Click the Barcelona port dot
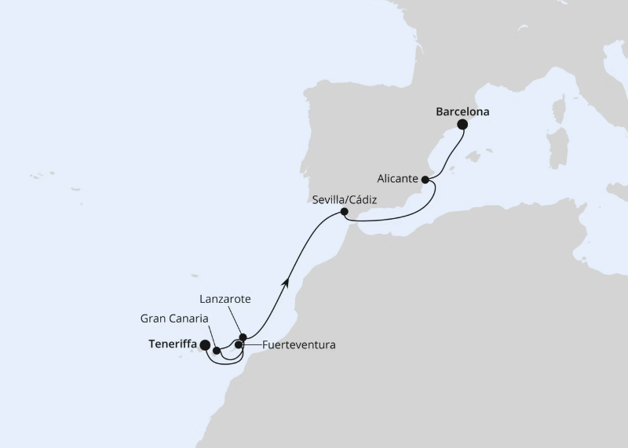coord(462,124)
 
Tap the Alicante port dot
coord(426,178)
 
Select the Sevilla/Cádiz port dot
coord(344,212)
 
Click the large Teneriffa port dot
coord(206,344)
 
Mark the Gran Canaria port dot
coord(217,351)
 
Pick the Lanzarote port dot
coord(243,337)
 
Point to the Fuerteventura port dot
coord(239,344)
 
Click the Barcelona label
coord(462,111)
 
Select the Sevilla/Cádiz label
coord(345,200)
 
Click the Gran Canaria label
coord(173,319)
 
